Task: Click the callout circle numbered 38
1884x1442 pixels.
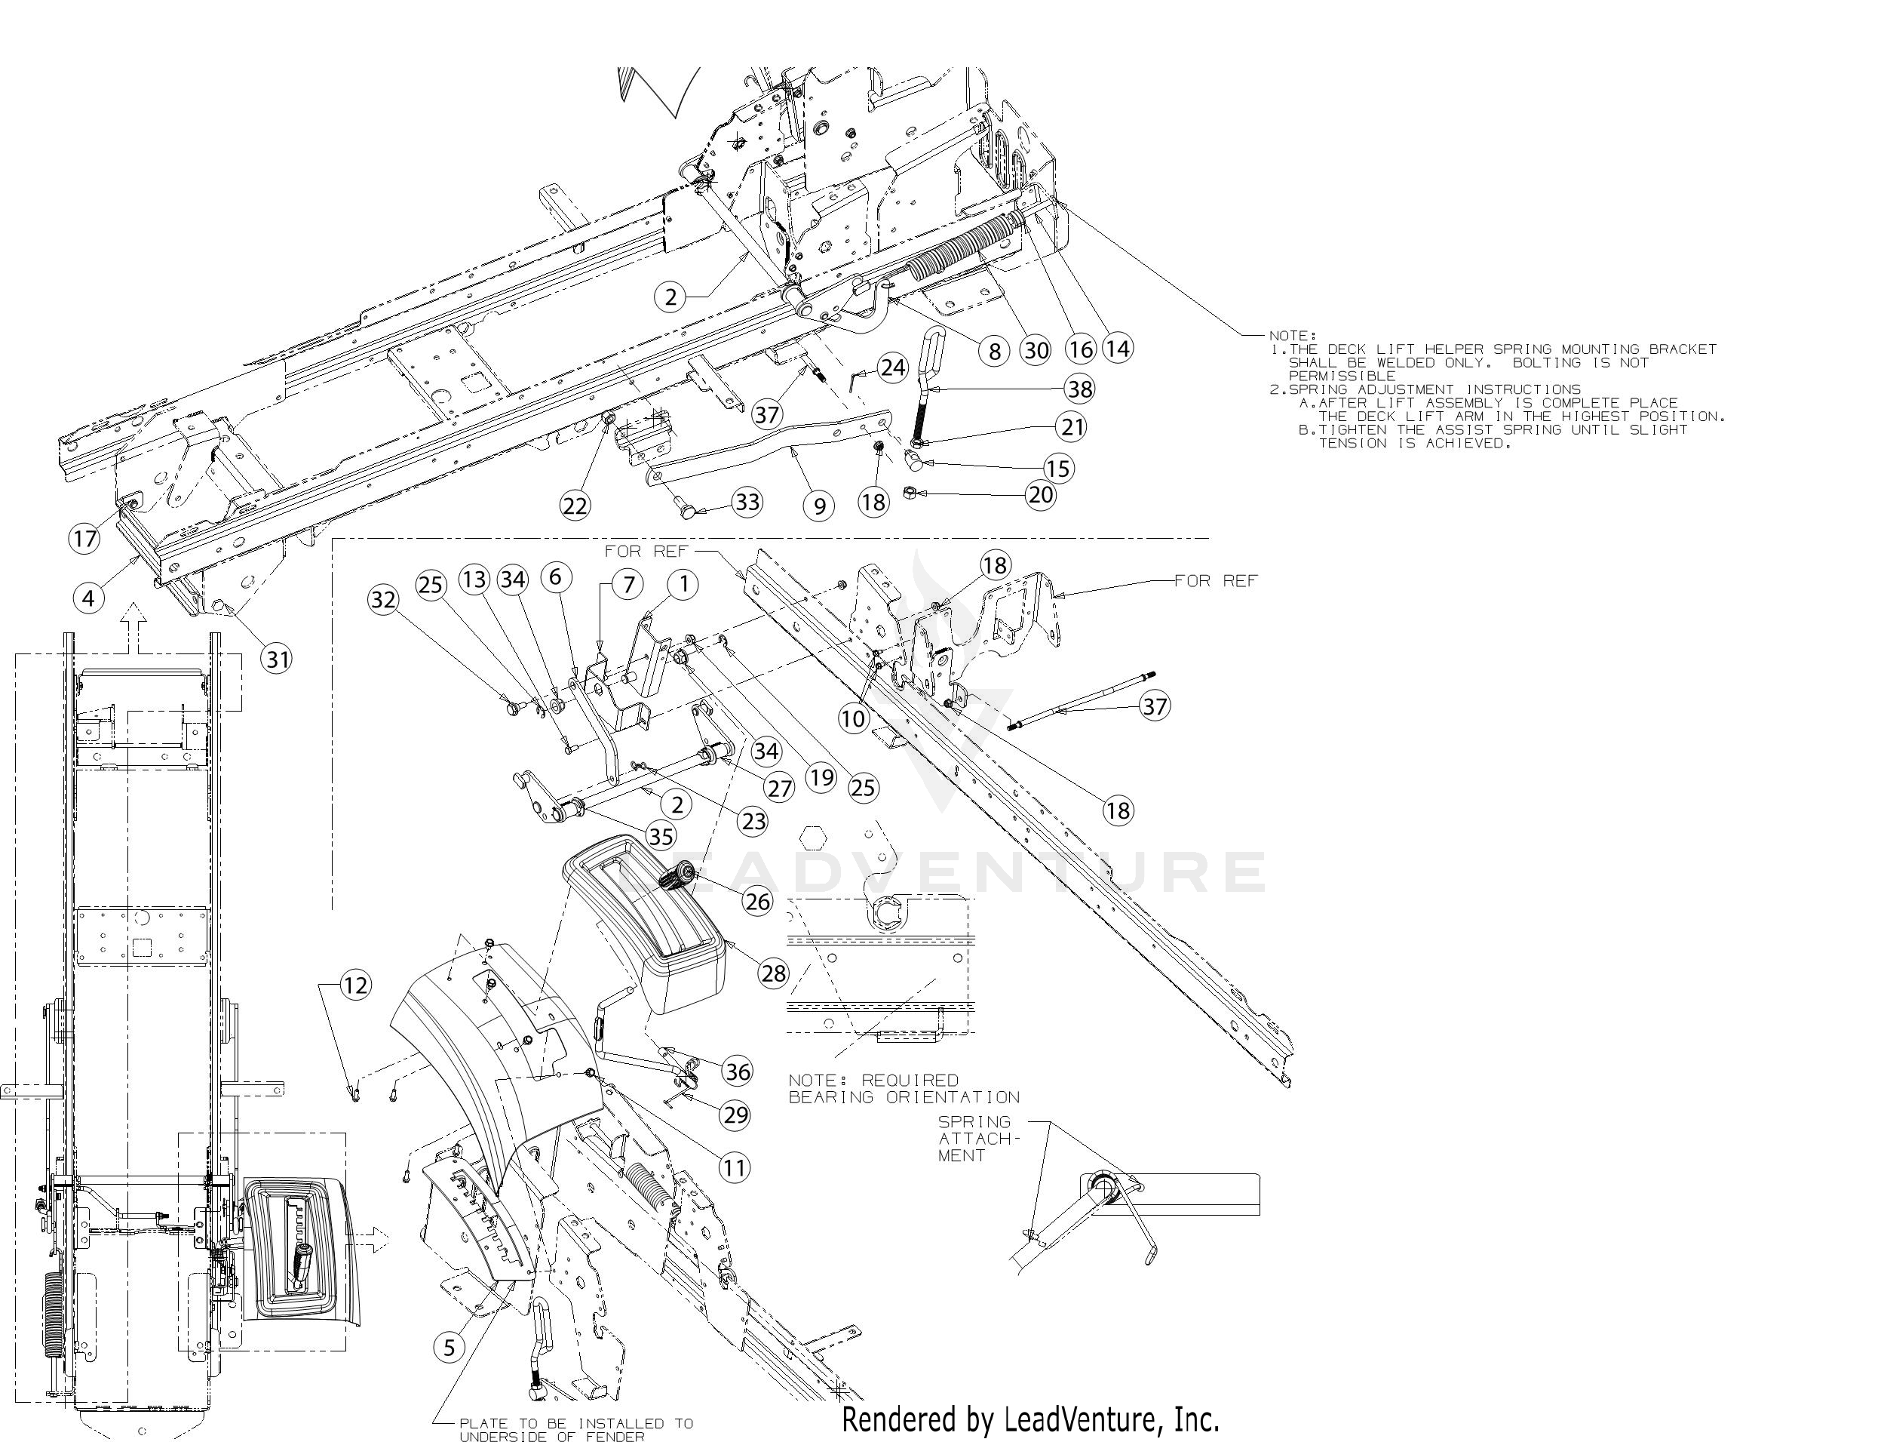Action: [1079, 389]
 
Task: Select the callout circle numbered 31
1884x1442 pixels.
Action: [276, 660]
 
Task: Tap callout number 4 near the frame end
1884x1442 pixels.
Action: [88, 598]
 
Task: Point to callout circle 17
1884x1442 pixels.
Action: [84, 539]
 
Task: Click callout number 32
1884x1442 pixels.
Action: [383, 599]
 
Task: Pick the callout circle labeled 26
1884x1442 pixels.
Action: [757, 901]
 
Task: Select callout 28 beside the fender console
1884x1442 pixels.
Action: [773, 973]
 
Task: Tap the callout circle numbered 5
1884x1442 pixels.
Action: [449, 1348]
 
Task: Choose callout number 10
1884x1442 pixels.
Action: [853, 718]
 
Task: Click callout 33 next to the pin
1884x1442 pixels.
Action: [747, 501]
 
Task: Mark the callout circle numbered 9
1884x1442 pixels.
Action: [819, 506]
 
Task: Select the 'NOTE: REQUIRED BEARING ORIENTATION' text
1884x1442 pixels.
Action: [904, 1088]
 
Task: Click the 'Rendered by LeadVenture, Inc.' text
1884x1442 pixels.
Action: [1029, 1419]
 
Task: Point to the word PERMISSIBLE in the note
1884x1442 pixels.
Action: [1342, 376]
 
